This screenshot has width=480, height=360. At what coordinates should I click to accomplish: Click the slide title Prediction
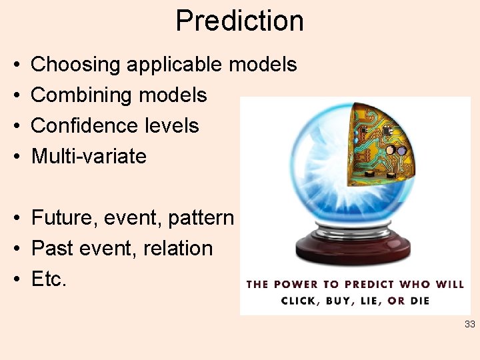[x=239, y=21]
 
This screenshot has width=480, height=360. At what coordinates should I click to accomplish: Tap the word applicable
[x=175, y=65]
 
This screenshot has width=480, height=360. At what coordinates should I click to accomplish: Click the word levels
[x=172, y=125]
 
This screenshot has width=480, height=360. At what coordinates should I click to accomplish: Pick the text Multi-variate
[x=89, y=156]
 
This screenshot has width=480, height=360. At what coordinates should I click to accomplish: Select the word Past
[x=53, y=248]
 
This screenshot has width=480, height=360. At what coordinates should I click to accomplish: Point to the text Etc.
[x=49, y=279]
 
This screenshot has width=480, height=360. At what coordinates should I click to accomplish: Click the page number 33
[x=469, y=325]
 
